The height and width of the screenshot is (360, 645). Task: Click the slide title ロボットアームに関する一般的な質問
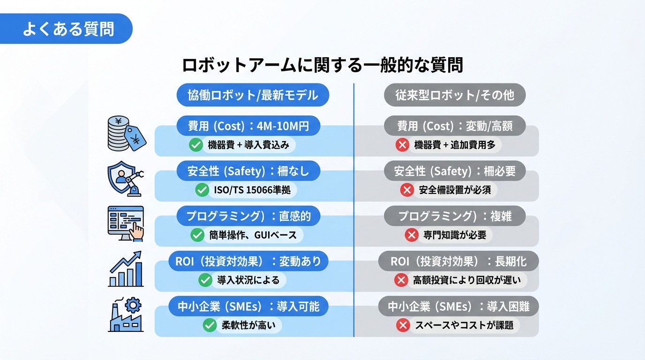coord(322,65)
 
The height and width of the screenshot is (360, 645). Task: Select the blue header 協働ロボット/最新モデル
coord(253,95)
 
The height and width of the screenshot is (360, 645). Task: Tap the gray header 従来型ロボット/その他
coord(454,95)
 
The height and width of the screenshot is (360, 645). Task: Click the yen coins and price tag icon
coord(126,134)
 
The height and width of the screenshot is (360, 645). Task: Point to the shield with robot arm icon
coord(126,179)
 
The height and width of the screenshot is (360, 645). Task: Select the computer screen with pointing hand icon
coord(126,223)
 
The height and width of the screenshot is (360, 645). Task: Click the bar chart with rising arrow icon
coord(126,269)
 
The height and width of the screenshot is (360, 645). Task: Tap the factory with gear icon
coord(126,315)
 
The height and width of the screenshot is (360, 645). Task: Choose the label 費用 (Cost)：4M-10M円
coord(248,126)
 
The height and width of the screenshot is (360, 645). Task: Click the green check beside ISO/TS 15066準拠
coord(202,190)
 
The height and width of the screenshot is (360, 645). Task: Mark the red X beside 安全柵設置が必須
coord(407,190)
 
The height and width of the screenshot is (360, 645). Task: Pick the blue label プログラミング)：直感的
coord(248,216)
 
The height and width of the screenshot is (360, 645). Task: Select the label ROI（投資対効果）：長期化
coord(458,261)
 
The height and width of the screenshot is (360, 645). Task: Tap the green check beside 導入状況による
coord(205,280)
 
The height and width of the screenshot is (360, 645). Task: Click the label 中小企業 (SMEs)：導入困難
coord(458,307)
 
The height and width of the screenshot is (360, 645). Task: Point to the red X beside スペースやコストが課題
coord(403,325)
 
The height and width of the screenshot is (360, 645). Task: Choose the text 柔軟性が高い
coord(248,325)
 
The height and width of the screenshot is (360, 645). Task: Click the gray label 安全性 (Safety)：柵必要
coord(455,171)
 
